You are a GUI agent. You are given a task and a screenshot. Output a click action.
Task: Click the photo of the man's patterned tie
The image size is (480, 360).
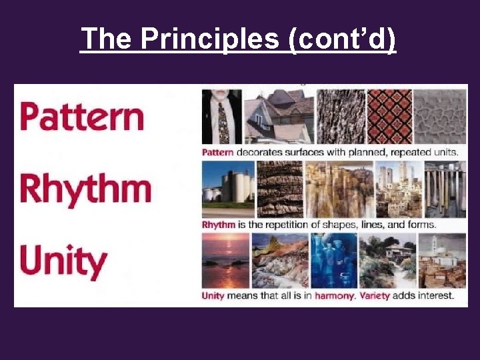point(221,117)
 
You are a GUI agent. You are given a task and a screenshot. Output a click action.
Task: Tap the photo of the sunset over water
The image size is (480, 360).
point(225,260)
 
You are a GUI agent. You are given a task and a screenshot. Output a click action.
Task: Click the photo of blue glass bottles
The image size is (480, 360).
point(333,260)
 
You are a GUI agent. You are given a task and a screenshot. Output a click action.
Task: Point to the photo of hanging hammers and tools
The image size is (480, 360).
point(440,187)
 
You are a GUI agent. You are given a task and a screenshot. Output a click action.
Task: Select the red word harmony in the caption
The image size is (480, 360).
point(335,295)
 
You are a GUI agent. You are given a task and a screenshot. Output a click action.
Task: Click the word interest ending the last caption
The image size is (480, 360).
point(437,295)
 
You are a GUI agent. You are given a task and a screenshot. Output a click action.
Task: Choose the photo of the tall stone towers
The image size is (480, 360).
point(398,187)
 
